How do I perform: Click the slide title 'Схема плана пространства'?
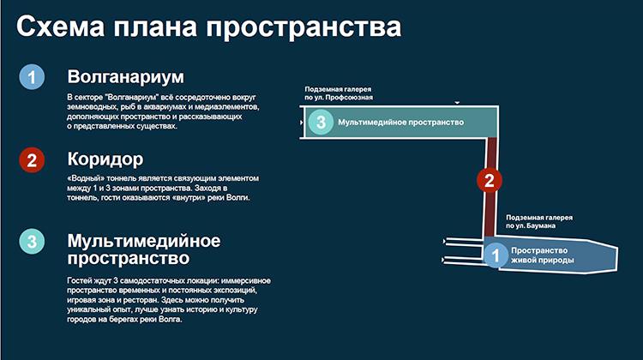tap(208, 27)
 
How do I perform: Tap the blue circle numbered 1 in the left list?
tap(32, 77)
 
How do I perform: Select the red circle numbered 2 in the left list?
tap(32, 160)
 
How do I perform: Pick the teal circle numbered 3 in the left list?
tap(32, 242)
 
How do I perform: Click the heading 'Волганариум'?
tap(125, 77)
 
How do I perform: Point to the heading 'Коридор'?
tap(105, 159)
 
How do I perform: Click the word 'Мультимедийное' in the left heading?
tap(144, 241)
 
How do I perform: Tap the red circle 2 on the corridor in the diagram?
tap(490, 180)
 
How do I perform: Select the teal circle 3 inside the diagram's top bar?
tap(321, 122)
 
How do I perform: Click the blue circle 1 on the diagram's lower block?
tap(496, 255)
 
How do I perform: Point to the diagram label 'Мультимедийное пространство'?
tap(400, 123)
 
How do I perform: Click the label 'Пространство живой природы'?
tap(542, 255)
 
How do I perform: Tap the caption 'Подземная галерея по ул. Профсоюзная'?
tap(339, 93)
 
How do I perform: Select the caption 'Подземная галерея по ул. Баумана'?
tap(539, 221)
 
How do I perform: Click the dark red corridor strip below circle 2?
tap(490, 214)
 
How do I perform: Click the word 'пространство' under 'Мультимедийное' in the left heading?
tap(129, 259)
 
